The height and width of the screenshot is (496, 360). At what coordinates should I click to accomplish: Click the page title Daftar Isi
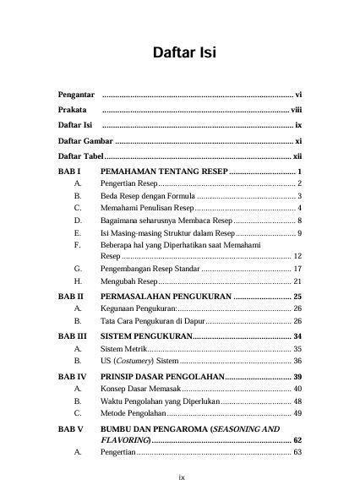(x=184, y=54)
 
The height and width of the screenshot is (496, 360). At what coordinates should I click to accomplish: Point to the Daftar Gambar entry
(x=85, y=141)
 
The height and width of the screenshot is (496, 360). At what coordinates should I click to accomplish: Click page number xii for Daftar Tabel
(x=297, y=157)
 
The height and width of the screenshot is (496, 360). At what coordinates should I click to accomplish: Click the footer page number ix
(x=181, y=477)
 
